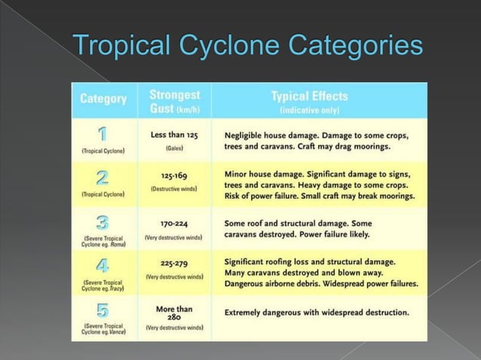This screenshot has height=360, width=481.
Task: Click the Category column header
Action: tap(103, 99)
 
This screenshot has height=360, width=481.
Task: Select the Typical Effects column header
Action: tap(309, 96)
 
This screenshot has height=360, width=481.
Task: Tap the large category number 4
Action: tap(103, 267)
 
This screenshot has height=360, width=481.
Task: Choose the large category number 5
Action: tap(103, 310)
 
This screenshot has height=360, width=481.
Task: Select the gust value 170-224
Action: tap(174, 224)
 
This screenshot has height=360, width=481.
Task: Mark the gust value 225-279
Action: tap(174, 264)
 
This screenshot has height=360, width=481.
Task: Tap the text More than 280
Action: tap(174, 313)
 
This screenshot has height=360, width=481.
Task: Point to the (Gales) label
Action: tap(174, 148)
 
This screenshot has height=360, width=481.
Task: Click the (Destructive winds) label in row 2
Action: tap(174, 188)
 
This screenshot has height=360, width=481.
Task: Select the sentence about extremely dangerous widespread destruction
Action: tap(317, 312)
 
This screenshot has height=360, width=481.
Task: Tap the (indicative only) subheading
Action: tap(309, 110)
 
